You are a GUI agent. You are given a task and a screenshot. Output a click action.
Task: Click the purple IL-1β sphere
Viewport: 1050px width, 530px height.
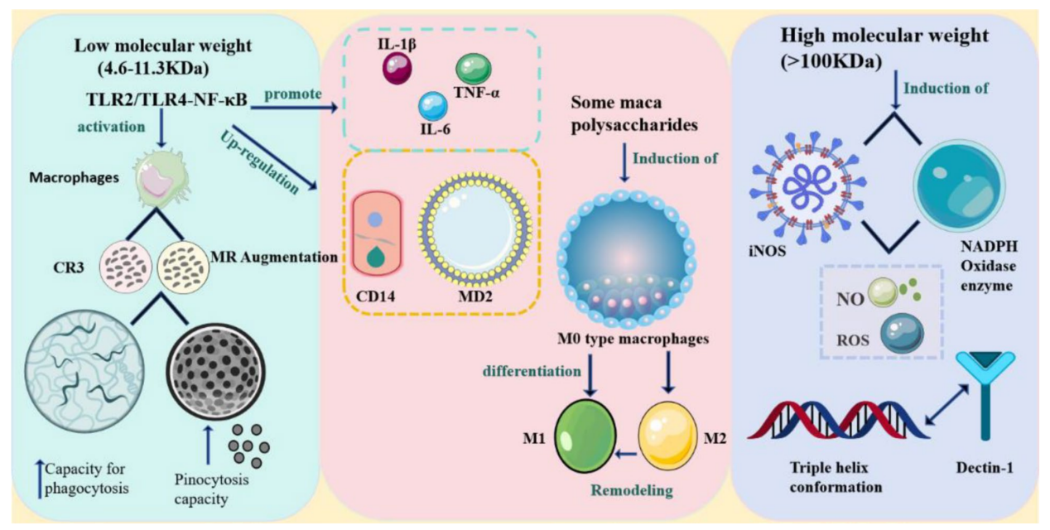pyautogui.click(x=397, y=69)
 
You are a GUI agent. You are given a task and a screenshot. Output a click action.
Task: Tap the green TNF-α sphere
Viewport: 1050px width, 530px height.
pyautogui.click(x=474, y=69)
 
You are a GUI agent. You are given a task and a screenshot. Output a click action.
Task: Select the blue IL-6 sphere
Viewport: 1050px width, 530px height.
pyautogui.click(x=432, y=106)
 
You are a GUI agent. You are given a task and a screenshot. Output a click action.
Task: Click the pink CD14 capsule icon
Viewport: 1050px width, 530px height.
pyautogui.click(x=378, y=234)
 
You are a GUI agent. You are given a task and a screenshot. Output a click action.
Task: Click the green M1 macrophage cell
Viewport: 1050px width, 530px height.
pyautogui.click(x=585, y=436)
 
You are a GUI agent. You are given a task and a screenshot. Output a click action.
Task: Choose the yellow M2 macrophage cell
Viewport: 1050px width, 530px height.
pyautogui.click(x=667, y=436)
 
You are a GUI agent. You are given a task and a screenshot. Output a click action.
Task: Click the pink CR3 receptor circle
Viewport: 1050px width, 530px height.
pyautogui.click(x=126, y=267)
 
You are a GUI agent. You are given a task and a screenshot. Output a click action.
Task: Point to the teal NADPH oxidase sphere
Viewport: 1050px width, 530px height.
pyautogui.click(x=959, y=186)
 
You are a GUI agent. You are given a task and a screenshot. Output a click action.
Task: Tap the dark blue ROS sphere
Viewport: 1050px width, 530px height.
pyautogui.click(x=902, y=333)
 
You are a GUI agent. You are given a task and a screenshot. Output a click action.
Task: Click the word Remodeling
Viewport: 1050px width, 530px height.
pyautogui.click(x=631, y=490)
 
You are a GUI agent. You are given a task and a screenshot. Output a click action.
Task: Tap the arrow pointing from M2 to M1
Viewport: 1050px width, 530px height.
pyautogui.click(x=626, y=454)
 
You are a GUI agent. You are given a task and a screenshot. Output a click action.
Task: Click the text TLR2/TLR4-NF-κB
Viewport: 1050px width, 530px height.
pyautogui.click(x=166, y=99)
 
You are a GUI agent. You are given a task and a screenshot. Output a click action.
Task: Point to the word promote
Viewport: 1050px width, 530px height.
pyautogui.click(x=293, y=94)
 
